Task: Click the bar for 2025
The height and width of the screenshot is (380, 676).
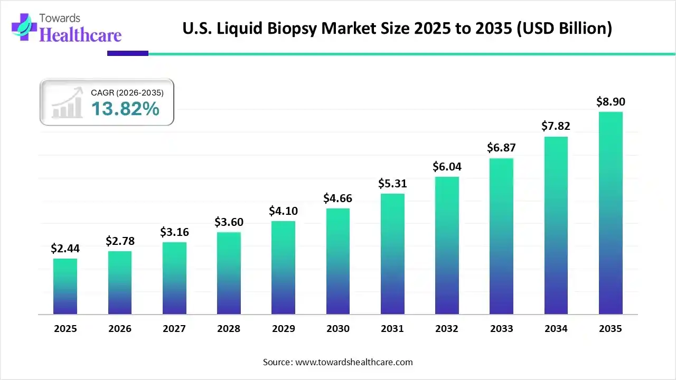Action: click(65, 286)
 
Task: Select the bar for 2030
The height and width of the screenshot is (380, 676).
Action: click(338, 261)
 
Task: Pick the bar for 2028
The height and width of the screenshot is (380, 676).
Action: click(229, 273)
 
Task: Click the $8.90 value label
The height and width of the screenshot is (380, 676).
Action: click(611, 102)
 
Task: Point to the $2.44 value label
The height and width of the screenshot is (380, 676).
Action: click(65, 248)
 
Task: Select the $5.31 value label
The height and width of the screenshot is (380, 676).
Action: click(392, 184)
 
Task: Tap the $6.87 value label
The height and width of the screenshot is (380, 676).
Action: click(501, 148)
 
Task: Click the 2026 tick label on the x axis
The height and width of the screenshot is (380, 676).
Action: click(120, 329)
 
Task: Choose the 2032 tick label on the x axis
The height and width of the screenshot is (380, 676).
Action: click(447, 329)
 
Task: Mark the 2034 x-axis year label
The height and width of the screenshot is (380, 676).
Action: click(556, 329)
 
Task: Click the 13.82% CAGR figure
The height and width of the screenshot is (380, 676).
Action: click(125, 109)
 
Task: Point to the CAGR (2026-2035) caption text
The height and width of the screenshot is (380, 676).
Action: click(127, 92)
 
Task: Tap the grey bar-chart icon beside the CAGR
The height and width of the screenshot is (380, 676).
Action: click(67, 103)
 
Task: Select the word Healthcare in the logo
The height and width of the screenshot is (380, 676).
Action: click(80, 35)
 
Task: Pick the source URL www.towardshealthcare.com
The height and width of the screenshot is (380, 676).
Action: click(353, 362)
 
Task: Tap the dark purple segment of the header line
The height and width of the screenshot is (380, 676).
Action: click(128, 53)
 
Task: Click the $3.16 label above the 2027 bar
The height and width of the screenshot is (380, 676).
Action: click(174, 232)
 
